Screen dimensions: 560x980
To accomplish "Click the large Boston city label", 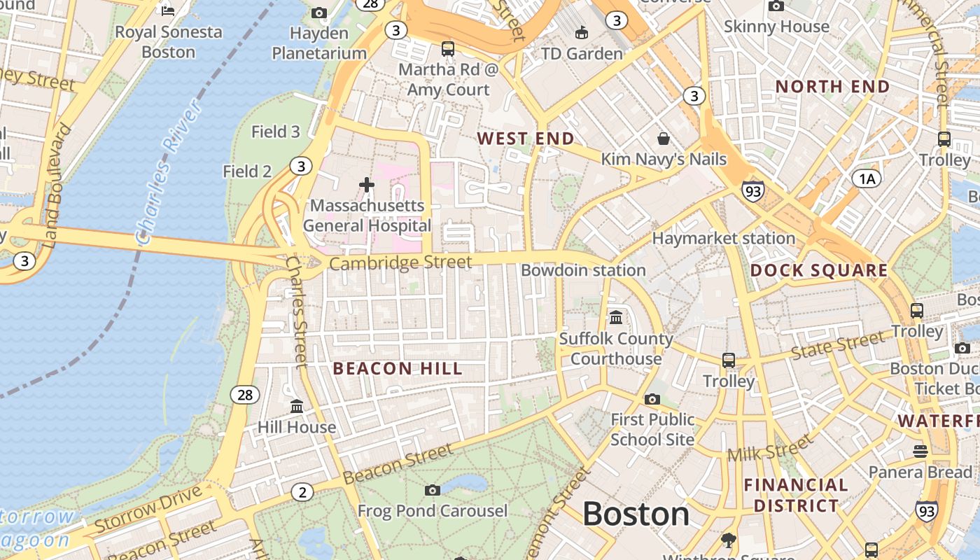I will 636,514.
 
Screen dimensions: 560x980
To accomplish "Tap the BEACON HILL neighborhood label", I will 398,369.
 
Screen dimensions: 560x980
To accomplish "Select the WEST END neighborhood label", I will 526,139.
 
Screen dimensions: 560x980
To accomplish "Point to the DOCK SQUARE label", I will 819,271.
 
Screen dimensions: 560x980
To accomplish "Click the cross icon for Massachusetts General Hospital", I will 366,185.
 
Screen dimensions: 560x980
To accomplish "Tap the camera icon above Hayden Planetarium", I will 319,13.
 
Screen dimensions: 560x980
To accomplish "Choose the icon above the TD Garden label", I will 581,32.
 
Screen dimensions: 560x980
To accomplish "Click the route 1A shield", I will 867,179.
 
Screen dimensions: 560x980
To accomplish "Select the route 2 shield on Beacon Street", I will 302,493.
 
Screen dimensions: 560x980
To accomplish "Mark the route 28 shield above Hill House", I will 245,395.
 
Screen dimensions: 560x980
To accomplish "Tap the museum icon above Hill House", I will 297,406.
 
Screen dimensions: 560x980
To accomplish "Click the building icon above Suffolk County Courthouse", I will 616,318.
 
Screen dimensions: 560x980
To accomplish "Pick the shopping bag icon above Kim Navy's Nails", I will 663,139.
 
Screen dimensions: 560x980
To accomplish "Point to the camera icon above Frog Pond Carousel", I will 433,490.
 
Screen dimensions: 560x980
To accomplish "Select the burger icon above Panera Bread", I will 920,451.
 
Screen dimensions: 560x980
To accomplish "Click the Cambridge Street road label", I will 400,263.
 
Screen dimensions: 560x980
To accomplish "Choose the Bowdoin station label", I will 583,270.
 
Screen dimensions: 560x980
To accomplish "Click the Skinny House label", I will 776,27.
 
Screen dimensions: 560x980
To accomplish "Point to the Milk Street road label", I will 770,448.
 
